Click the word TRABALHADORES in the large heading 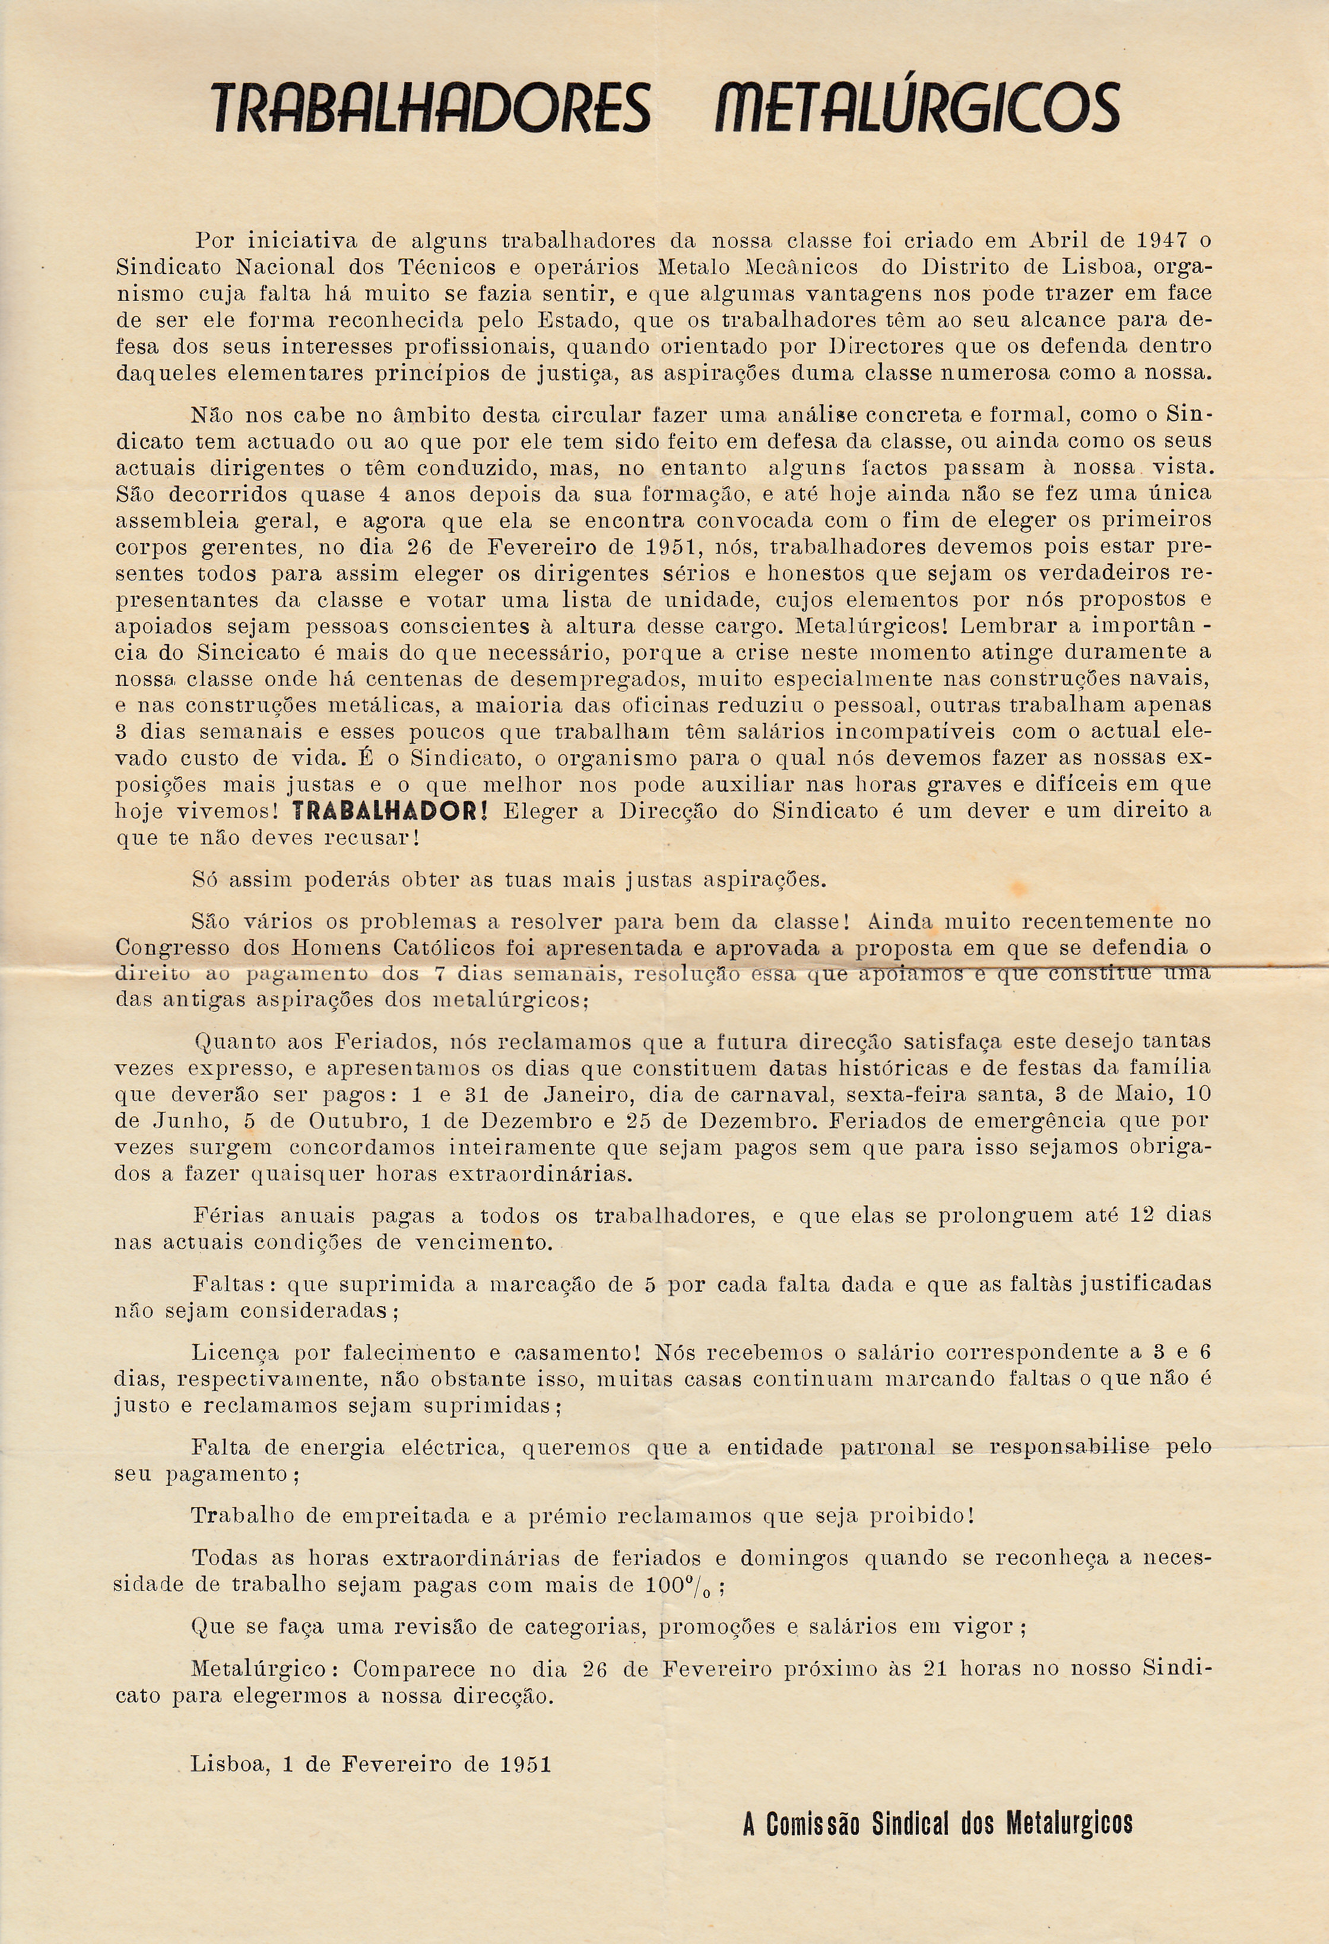pos(429,109)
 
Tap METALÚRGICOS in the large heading pos(916,109)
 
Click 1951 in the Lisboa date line pos(525,1764)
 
